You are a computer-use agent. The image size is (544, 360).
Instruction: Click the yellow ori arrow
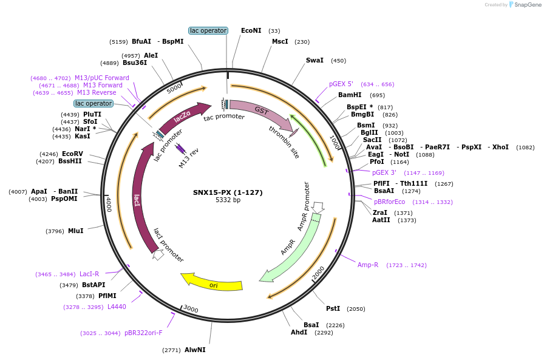coord(212,283)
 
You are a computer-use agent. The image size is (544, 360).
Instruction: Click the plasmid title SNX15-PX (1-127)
coord(228,192)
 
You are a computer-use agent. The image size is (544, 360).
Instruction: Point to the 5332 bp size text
coord(228,200)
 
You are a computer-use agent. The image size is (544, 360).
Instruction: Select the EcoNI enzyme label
coord(251,30)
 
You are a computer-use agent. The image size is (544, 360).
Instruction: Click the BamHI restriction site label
coord(350,95)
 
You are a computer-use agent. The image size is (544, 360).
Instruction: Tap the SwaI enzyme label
coord(314,61)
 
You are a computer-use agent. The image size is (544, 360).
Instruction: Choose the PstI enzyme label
coord(333,308)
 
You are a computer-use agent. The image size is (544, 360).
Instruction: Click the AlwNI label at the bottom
coord(195,350)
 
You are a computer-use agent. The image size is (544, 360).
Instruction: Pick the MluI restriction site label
coord(76,231)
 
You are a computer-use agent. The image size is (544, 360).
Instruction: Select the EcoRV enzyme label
coord(72,154)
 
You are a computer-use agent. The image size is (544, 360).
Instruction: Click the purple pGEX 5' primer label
coord(341,84)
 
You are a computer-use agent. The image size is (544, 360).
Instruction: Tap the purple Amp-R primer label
coord(368,265)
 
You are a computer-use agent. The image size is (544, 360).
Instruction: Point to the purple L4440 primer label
coord(117,307)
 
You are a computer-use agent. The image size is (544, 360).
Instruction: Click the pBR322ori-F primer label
coord(143,333)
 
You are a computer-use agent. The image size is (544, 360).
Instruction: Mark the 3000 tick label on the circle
coord(191,309)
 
